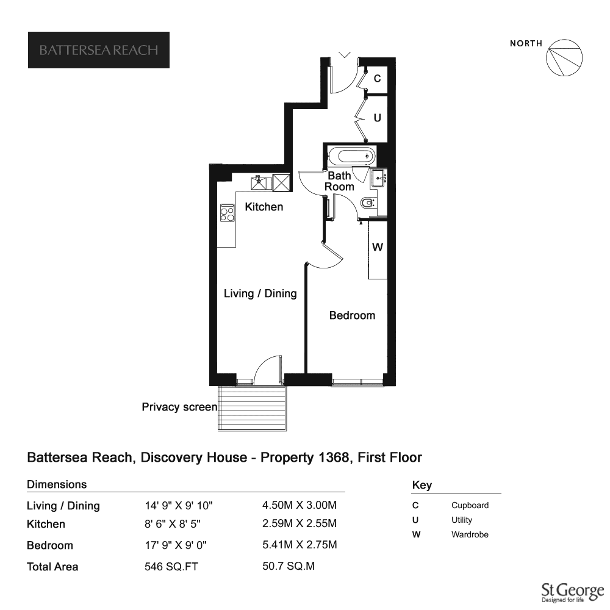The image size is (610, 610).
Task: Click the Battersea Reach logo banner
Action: pos(99,50)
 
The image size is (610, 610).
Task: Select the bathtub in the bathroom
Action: pos(352,156)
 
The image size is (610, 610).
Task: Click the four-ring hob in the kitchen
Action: pos(227,213)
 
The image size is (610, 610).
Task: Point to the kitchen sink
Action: pos(261,182)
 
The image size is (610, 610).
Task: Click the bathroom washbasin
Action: pos(378,179)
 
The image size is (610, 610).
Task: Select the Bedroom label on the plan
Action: pos(352,315)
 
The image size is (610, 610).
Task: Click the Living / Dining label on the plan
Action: pos(260,293)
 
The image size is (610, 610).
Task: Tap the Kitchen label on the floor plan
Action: pos(264,207)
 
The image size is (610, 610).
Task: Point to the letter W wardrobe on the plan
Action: pos(378,247)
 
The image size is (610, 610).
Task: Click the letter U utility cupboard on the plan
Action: pos(378,118)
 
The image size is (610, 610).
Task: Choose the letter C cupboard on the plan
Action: pos(378,79)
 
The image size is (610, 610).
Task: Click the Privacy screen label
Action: pos(179,407)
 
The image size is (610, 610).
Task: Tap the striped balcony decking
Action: pos(252,408)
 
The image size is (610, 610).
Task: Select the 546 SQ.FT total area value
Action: pos(171,567)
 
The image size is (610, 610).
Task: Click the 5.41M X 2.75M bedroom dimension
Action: pos(300,545)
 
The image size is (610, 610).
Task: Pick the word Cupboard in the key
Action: pos(470,505)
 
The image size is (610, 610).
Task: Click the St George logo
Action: pos(573,592)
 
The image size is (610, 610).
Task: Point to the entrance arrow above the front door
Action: pos(345,54)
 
